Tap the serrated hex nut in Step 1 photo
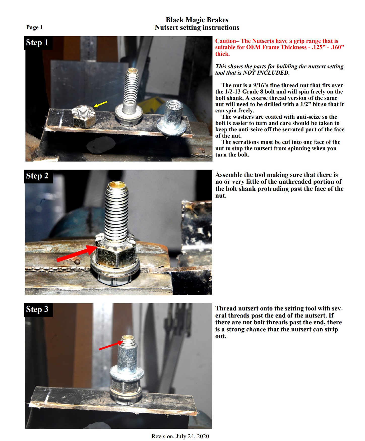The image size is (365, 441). coord(83,117)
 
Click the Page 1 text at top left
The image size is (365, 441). coord(35,27)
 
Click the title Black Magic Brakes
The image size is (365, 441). coord(197,20)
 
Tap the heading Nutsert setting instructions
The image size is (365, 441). coord(197,27)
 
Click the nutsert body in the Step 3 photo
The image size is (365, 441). coord(128,357)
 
